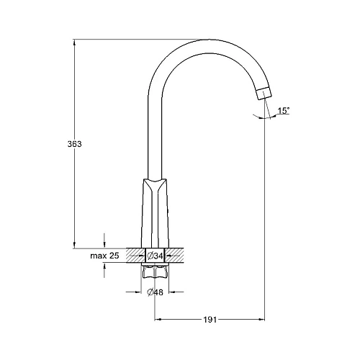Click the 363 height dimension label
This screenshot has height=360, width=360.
pyautogui.click(x=75, y=144)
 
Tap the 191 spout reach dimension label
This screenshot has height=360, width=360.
pyautogui.click(x=210, y=320)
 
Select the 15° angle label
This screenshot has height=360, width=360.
pyautogui.click(x=284, y=111)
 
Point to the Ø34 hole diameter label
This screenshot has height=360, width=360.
pyautogui.click(x=155, y=256)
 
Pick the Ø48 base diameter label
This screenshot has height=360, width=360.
pyautogui.click(x=155, y=292)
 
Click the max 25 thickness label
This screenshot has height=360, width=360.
pyautogui.click(x=104, y=256)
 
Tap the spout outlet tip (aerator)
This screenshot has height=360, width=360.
pyautogui.click(x=265, y=93)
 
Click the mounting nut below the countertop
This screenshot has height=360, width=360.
pyautogui.click(x=155, y=272)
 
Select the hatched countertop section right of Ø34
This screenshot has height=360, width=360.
pyautogui.click(x=175, y=256)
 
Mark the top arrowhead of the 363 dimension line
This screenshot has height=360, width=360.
pyautogui.click(x=74, y=42)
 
